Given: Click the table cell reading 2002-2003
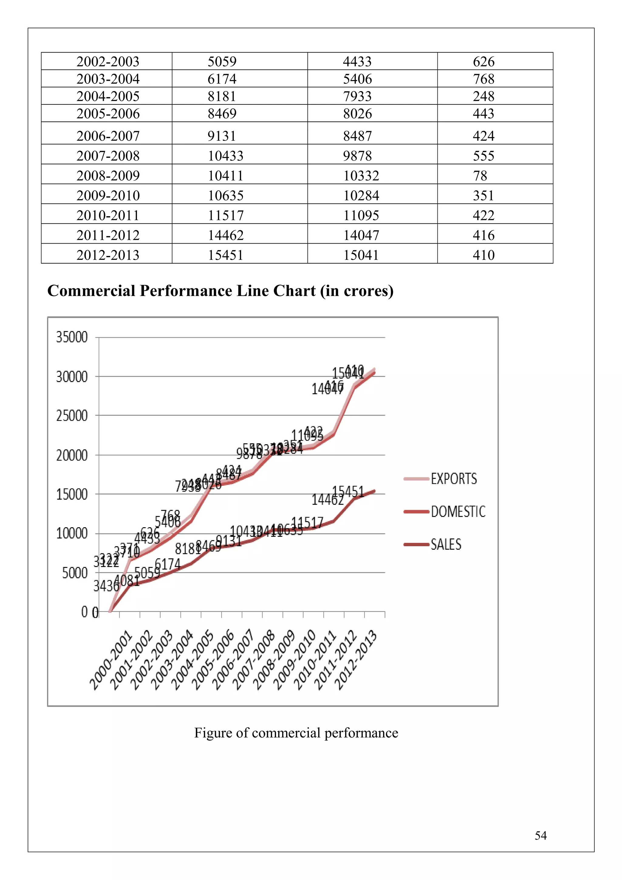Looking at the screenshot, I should click(x=108, y=61).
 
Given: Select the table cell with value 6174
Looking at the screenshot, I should click(x=222, y=79).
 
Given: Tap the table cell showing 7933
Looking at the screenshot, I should click(x=357, y=96).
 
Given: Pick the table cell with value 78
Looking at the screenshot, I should click(x=480, y=176).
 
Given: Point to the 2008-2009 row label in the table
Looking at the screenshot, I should click(x=108, y=176).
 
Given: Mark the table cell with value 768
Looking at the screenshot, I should click(x=483, y=79).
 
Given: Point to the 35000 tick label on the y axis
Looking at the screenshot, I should click(x=72, y=337).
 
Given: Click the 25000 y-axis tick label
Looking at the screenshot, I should click(x=72, y=415).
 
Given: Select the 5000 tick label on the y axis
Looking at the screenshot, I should click(x=75, y=573).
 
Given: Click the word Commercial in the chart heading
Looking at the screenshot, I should click(x=91, y=291).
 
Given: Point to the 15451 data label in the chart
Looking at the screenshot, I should click(x=348, y=491).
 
